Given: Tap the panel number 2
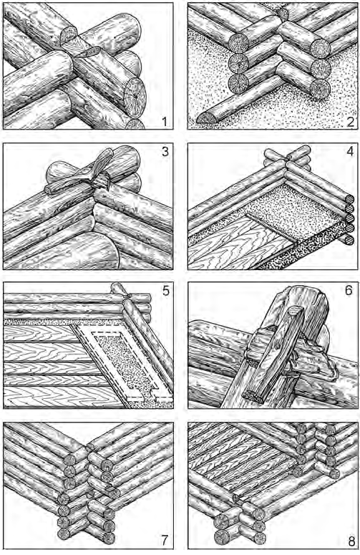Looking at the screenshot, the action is click(350, 122).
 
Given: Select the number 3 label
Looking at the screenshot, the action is click(165, 152).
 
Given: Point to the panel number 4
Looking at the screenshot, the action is click(350, 152).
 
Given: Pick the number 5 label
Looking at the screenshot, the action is click(165, 291).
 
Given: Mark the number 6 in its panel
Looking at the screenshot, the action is click(349, 291).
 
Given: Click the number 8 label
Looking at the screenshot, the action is click(351, 541).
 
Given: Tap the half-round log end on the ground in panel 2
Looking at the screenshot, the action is click(208, 119).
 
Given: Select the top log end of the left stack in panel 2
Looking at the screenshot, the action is click(238, 44).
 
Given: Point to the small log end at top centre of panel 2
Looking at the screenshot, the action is click(283, 14).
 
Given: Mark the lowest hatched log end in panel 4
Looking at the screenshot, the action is click(349, 240).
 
